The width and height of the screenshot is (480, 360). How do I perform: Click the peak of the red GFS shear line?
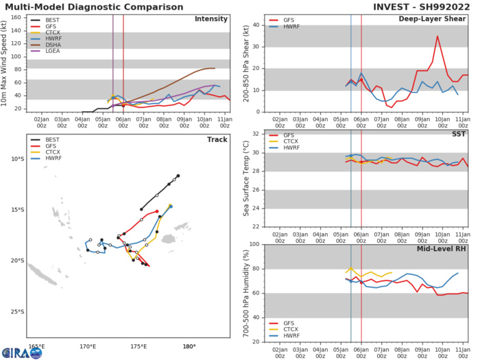click(x=437, y=36)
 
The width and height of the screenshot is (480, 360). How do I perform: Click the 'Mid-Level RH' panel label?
click(x=441, y=250)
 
